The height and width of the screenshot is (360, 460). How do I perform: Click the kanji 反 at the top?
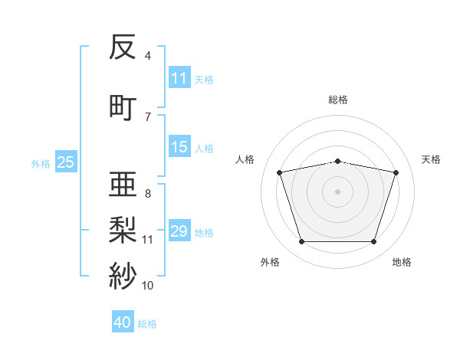click(123, 47)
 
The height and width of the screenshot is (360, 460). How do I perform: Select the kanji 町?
click(123, 108)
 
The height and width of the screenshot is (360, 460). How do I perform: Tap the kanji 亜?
click(123, 184)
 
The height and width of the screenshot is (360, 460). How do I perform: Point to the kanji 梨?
click(123, 230)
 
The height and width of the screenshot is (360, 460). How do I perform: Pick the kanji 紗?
click(123, 276)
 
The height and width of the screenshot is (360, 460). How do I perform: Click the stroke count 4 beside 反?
click(147, 56)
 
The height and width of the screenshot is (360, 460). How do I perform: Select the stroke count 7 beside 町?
click(148, 117)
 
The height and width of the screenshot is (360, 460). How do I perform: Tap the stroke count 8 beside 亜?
click(148, 194)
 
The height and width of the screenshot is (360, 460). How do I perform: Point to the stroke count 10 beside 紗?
click(147, 286)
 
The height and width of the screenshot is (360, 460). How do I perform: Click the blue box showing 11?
click(179, 77)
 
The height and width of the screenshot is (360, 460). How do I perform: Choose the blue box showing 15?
click(179, 146)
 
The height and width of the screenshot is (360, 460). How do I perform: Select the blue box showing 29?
click(179, 230)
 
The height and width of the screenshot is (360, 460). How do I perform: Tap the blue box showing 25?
click(66, 162)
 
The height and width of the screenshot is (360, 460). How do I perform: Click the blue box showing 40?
click(123, 321)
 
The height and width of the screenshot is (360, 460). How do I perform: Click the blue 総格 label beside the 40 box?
click(147, 324)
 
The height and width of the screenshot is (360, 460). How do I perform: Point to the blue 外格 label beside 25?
click(41, 164)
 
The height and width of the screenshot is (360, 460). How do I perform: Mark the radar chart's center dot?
click(337, 191)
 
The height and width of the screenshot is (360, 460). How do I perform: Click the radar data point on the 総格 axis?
click(337, 162)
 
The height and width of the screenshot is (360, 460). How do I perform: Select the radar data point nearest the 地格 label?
click(373, 241)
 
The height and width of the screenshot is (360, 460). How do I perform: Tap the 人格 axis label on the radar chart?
click(245, 159)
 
